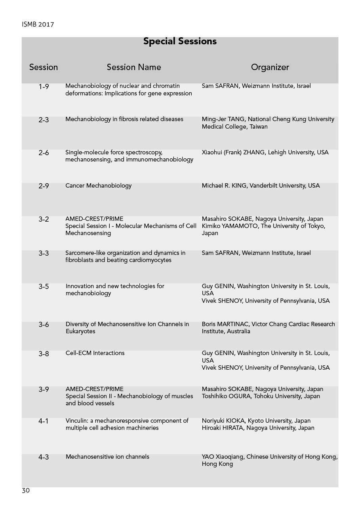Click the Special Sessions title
180,41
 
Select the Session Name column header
134,67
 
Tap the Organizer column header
270,67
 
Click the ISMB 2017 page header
38,25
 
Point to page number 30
26,491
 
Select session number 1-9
44,86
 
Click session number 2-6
44,153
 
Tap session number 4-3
44,457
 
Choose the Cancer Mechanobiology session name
98,186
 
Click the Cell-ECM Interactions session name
95,353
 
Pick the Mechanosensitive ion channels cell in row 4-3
107,457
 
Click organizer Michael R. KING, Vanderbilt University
261,186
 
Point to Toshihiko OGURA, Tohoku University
261,396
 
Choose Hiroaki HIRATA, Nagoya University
258,428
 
